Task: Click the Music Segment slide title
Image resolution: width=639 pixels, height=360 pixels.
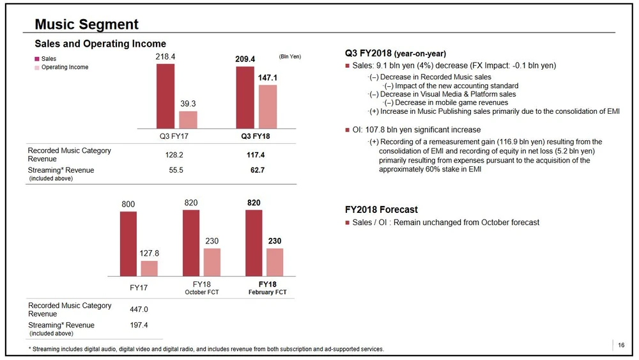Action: click(x=86, y=24)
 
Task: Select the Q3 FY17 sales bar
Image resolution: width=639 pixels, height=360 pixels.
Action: click(x=166, y=95)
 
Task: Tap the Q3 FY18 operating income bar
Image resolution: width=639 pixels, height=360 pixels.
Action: click(x=268, y=107)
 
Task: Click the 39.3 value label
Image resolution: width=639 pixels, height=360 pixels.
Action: click(x=188, y=104)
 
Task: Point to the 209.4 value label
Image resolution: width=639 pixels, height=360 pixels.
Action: click(x=245, y=59)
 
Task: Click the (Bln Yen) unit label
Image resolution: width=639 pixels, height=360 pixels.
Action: click(x=290, y=56)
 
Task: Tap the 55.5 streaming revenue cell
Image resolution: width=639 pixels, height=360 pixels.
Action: click(x=173, y=170)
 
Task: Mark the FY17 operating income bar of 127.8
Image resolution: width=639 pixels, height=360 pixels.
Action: click(x=149, y=268)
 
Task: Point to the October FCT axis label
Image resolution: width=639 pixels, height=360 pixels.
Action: click(x=201, y=292)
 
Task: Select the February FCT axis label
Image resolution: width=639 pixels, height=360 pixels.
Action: click(x=267, y=292)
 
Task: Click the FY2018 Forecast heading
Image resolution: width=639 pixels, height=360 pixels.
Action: click(x=381, y=209)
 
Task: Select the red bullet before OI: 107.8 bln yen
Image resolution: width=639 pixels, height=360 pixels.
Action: click(x=347, y=130)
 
